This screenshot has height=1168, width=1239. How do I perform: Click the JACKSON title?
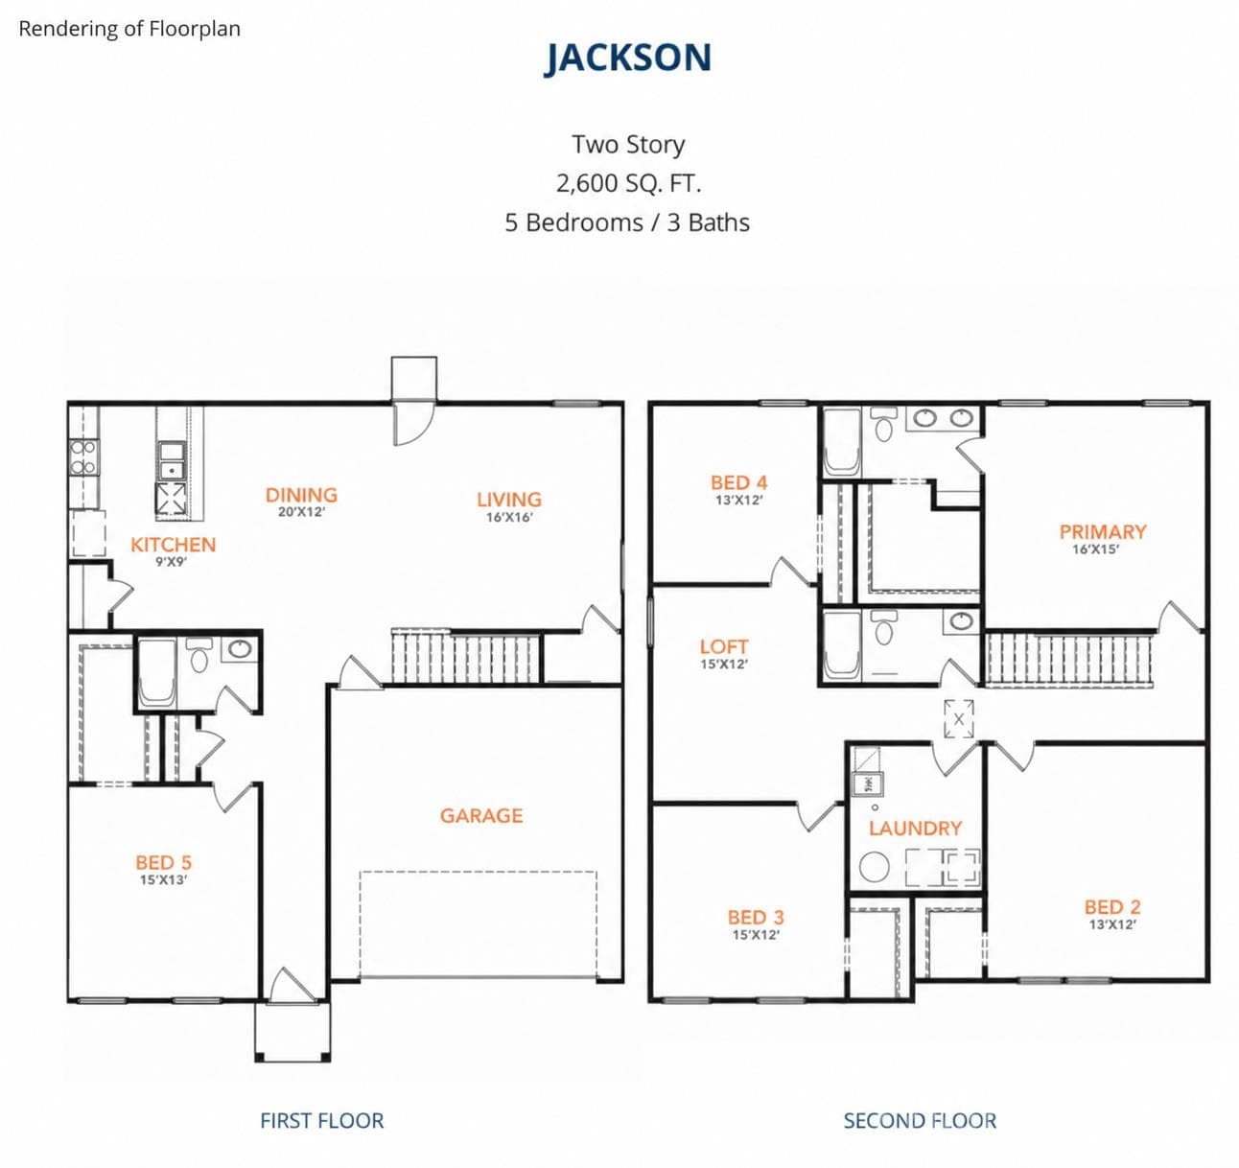tap(627, 58)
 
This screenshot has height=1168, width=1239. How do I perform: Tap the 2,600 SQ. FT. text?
tap(628, 183)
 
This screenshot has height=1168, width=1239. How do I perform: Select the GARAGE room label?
tap(481, 815)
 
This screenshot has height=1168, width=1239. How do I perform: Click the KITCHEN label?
tap(173, 545)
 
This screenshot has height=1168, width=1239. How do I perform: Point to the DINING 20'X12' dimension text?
tap(302, 512)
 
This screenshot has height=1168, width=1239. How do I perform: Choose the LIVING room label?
tap(509, 500)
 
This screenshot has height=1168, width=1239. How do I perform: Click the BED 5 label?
tap(163, 862)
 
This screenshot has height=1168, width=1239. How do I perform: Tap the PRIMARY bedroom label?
tap(1103, 531)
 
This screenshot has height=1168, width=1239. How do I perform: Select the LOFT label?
tap(724, 646)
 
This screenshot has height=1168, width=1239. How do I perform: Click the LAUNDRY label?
tap(915, 828)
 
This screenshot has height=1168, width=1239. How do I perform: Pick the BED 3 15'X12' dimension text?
tap(756, 935)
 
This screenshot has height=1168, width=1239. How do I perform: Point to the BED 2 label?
tap(1112, 906)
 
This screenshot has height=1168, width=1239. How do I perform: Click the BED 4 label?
tap(739, 482)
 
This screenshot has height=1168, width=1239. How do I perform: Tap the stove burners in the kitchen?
tap(83, 457)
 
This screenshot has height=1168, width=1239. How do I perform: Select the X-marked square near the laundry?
tap(959, 719)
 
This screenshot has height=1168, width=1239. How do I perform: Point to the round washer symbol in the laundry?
tap(875, 867)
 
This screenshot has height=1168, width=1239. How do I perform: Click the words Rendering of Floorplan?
tap(129, 29)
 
